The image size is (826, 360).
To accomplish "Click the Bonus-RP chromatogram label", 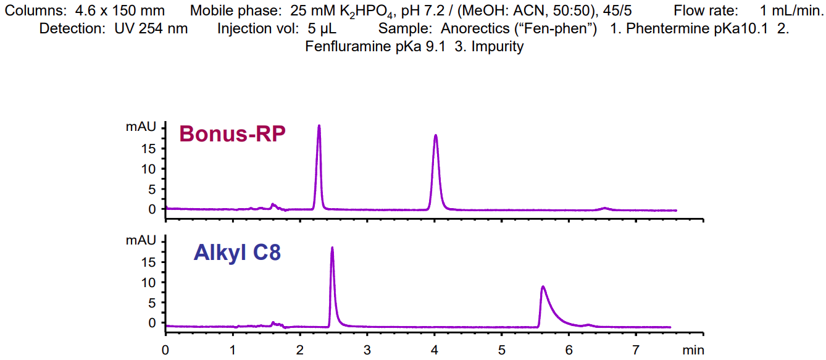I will tap(232, 134).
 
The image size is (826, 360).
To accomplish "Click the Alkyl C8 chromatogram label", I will tap(237, 253).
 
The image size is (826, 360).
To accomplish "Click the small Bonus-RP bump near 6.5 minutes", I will tap(605, 208).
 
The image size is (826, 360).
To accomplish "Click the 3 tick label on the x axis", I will tap(367, 350).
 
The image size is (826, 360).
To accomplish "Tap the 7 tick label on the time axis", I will tap(636, 350).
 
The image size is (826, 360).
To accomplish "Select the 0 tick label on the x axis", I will tap(165, 350).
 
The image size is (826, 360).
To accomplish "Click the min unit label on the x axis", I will tap(693, 350).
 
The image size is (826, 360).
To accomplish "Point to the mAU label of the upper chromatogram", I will tap(141, 127).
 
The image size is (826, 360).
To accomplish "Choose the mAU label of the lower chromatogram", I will tap(141, 240).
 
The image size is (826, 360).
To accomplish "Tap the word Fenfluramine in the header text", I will tap(349, 46).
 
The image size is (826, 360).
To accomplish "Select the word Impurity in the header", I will tap(497, 46).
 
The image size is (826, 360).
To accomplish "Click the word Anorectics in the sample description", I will tap(472, 28).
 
